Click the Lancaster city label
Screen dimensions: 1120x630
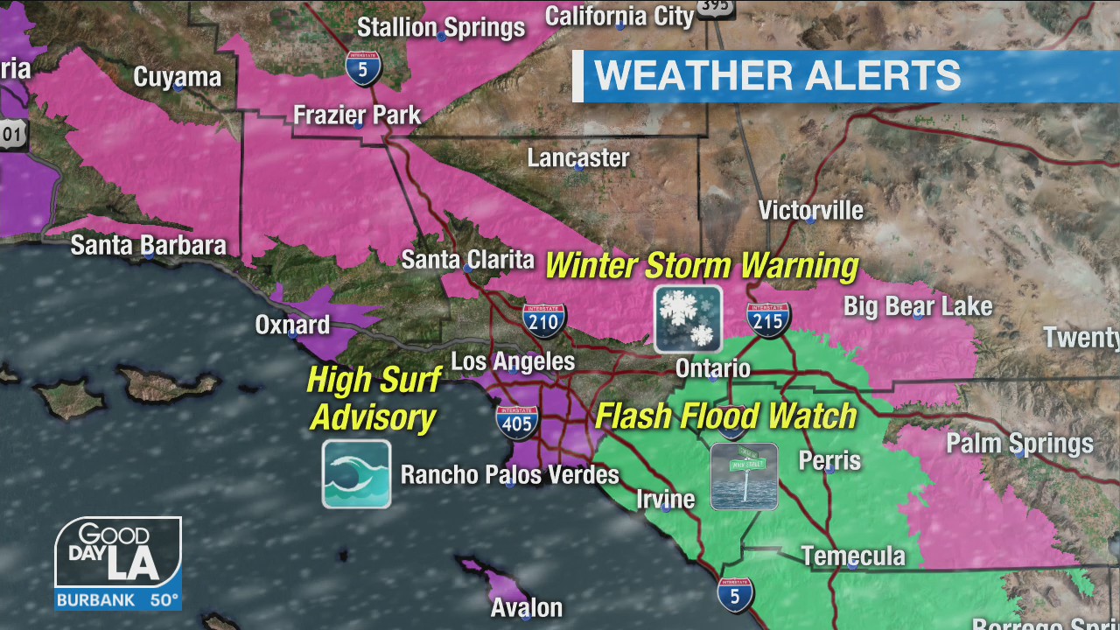click(578, 158)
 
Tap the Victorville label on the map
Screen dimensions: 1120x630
click(810, 211)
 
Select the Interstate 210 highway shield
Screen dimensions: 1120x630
click(545, 321)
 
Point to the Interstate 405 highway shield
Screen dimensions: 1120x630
click(517, 423)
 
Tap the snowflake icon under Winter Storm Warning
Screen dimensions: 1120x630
click(689, 318)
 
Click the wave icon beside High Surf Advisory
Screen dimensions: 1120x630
click(356, 474)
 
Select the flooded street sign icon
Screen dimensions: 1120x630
click(744, 476)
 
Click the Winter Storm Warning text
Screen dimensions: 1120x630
click(701, 265)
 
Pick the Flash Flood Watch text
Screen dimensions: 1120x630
click(725, 416)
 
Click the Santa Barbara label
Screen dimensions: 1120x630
click(148, 245)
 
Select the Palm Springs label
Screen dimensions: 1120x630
click(1019, 444)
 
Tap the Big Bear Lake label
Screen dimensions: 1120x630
click(917, 306)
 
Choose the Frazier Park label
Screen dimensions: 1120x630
click(357, 115)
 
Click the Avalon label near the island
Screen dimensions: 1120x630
click(526, 607)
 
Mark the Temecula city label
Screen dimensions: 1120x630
click(853, 556)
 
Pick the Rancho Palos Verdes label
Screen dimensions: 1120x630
click(509, 475)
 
